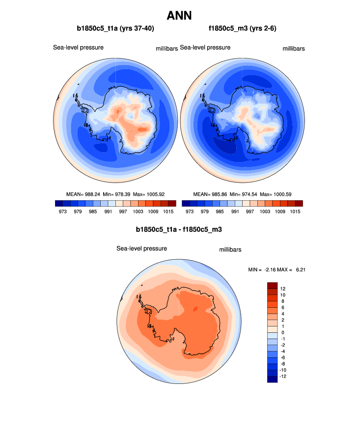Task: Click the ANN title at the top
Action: tap(179, 15)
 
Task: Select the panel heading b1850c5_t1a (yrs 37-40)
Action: tap(115, 29)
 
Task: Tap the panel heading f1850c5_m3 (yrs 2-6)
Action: tap(242, 29)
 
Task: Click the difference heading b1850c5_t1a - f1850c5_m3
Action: tap(180, 229)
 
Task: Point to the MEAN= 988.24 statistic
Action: tap(83, 194)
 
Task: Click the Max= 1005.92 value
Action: tap(150, 194)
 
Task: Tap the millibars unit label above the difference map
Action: tap(230, 250)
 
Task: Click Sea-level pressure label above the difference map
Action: tap(141, 248)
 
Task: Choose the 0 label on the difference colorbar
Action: tap(282, 332)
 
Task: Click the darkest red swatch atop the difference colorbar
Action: tap(273, 285)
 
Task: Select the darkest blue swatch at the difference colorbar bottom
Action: tap(273, 379)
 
